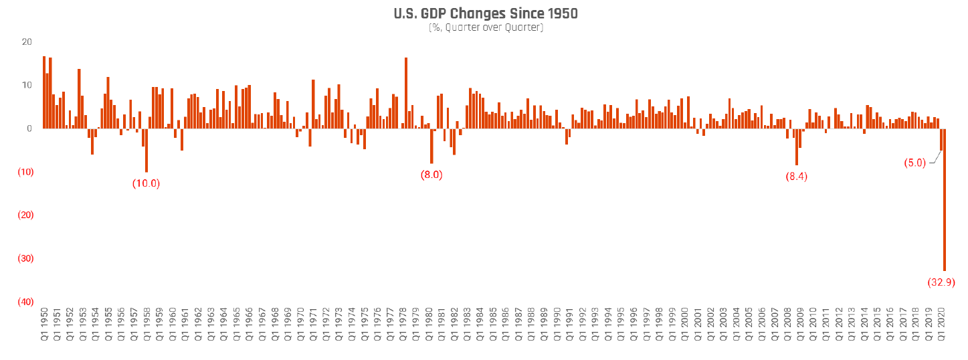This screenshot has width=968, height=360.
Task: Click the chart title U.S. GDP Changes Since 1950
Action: coord(485,13)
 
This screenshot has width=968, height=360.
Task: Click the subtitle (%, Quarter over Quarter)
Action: coord(485,28)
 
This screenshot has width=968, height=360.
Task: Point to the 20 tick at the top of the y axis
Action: coord(27,41)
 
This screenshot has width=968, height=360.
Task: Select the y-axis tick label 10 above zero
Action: coord(27,85)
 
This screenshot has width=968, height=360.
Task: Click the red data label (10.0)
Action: coord(147,183)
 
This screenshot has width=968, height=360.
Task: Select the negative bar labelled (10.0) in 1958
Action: coord(147,150)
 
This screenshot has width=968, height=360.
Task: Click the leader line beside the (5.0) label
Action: coord(935,157)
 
